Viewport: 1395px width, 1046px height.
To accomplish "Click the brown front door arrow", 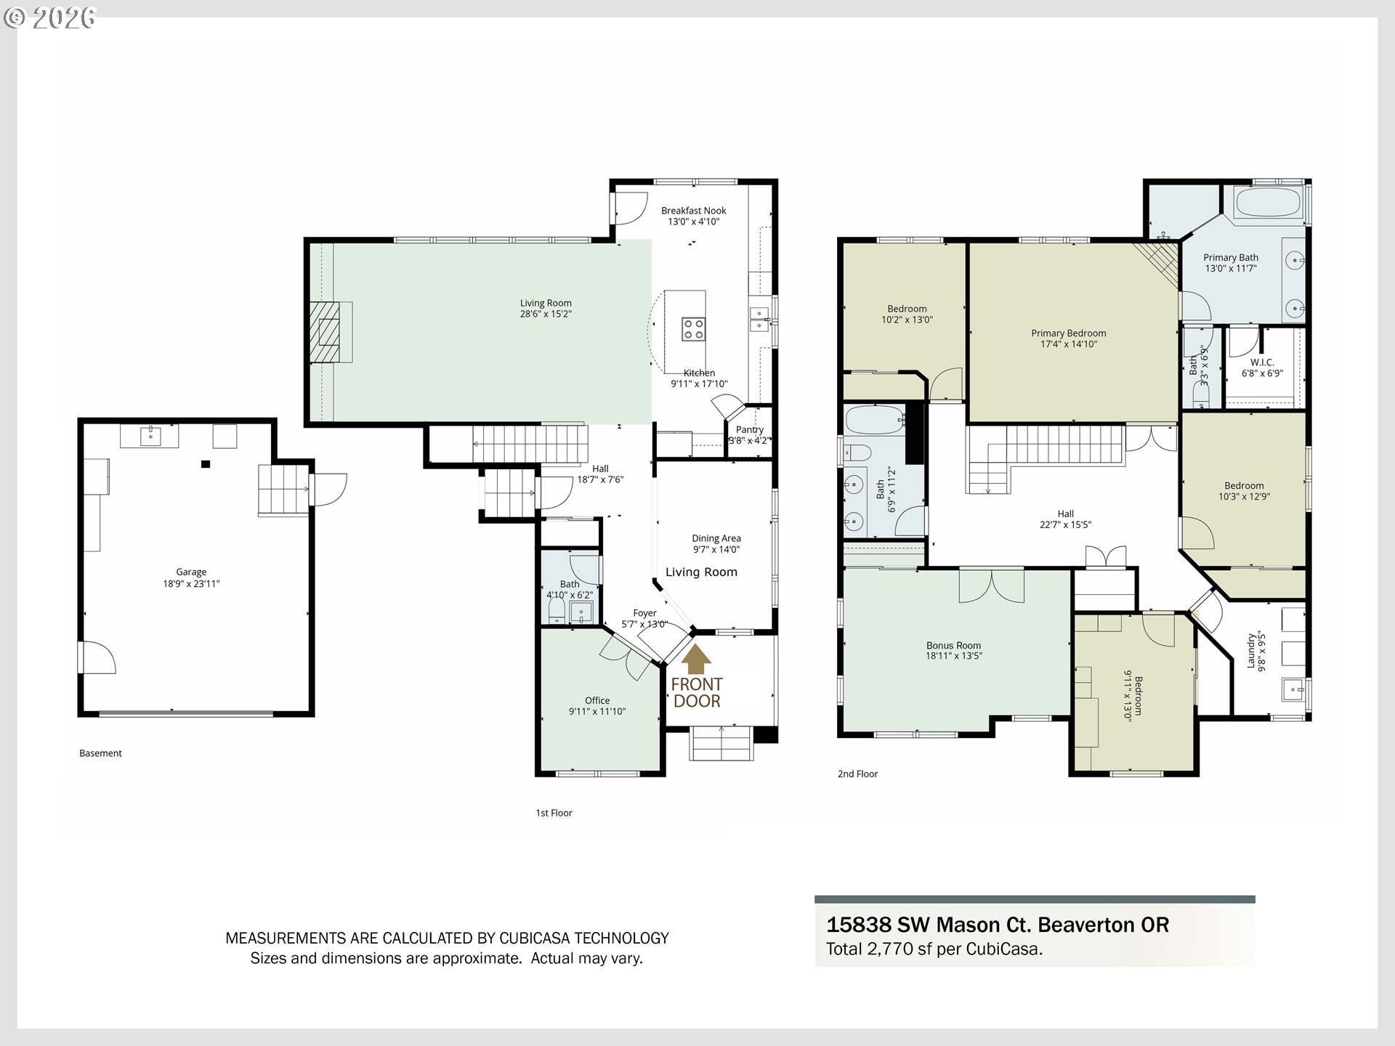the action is [x=696, y=659].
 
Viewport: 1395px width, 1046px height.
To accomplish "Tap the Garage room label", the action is [x=191, y=572].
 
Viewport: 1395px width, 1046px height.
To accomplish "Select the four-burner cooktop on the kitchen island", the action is [x=692, y=329].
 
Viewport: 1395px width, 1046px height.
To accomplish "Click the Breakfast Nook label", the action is [x=694, y=211].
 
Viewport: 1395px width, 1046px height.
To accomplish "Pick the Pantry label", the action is [x=750, y=429].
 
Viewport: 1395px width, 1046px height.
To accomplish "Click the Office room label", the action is [x=597, y=701].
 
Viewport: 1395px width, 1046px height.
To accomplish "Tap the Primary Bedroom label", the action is [x=1069, y=333].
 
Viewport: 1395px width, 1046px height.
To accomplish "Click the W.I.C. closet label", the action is [x=1262, y=362].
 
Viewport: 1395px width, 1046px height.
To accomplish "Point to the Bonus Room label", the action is [x=953, y=645].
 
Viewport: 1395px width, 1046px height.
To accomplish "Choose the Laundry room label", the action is [x=1251, y=651].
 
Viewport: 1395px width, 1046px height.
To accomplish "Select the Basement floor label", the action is [x=100, y=753].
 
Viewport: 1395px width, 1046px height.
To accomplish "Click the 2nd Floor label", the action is [x=858, y=774].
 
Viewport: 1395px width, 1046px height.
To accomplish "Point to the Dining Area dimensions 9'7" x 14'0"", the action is [x=716, y=549].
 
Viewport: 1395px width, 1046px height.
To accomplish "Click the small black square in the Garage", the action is [x=206, y=464].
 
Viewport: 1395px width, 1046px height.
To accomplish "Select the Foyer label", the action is [x=644, y=613].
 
